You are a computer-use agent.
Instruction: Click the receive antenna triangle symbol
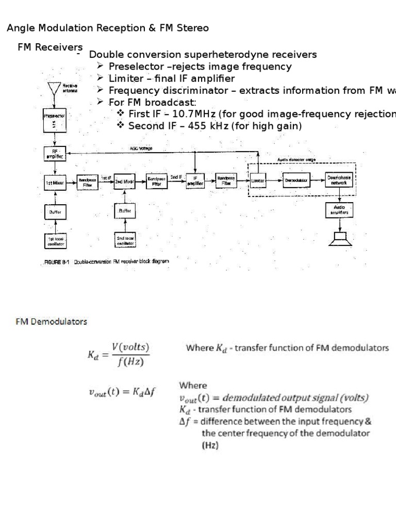coord(54,87)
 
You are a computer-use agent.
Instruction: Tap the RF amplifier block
coord(55,154)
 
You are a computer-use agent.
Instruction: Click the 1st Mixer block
coord(55,182)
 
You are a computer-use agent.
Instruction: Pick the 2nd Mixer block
coord(125,182)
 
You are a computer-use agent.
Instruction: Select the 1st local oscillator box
coord(55,241)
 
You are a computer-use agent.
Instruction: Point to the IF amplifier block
coord(195,181)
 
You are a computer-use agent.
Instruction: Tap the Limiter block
coord(259,181)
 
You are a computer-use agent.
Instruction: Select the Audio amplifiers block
coord(339,210)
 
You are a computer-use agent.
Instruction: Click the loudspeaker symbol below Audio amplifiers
coord(339,239)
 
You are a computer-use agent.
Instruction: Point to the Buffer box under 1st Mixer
coord(55,212)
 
